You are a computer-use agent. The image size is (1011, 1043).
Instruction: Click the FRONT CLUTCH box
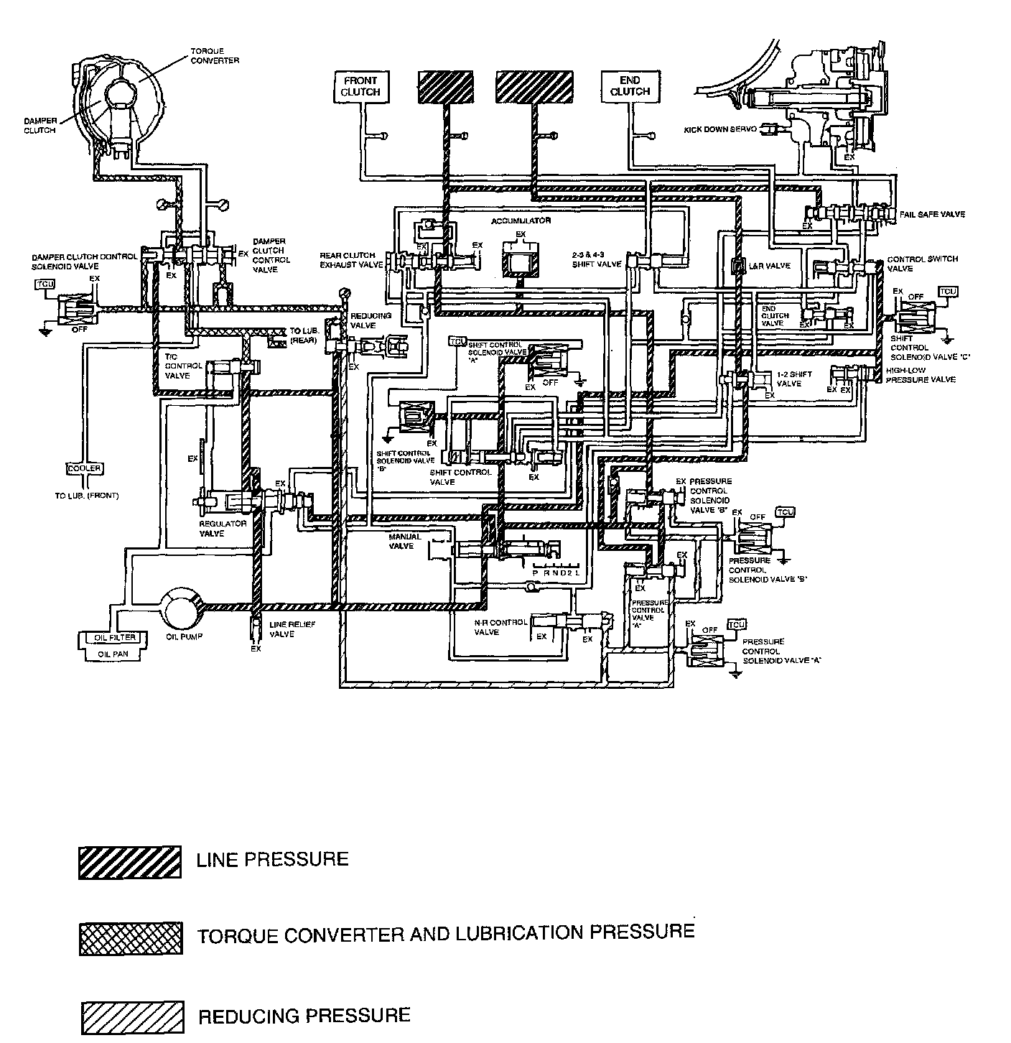360,86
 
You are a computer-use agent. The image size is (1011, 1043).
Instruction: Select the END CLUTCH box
630,86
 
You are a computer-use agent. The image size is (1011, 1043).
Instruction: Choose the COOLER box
85,468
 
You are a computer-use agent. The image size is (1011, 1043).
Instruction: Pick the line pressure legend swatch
129,862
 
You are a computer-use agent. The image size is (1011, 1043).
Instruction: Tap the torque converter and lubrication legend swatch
129,937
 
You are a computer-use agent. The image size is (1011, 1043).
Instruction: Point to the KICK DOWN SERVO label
719,129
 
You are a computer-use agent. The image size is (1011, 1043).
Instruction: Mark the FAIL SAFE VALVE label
931,214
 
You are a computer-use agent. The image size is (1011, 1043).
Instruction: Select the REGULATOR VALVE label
222,529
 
